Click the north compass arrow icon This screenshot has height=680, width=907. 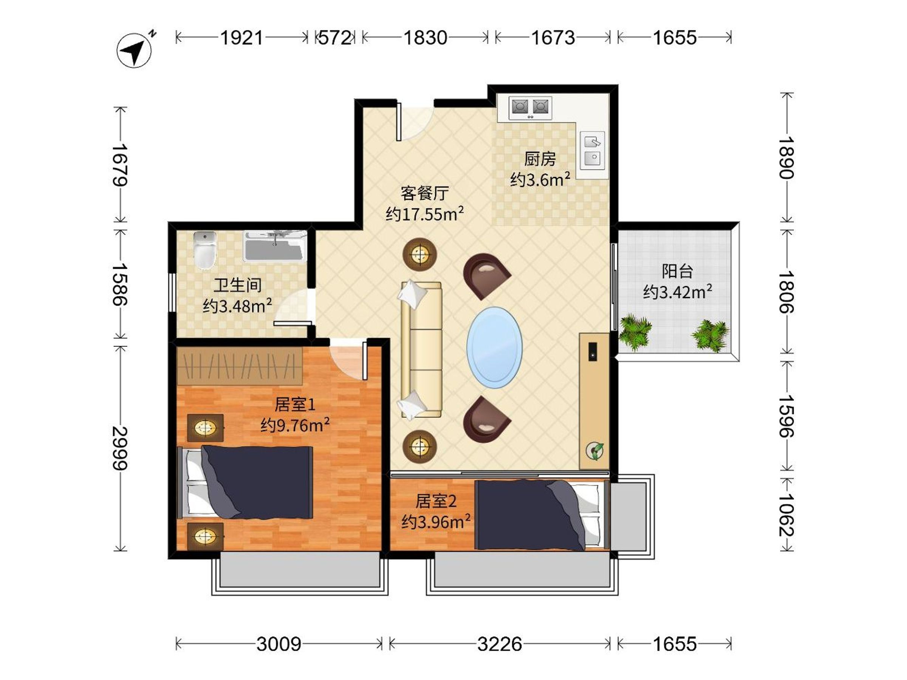135,50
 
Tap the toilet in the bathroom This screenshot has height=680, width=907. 204,250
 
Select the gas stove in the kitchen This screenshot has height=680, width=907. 530,108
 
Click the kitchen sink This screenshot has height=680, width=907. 593,150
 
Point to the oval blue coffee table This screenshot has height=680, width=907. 494,348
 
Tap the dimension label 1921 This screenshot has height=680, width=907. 241,38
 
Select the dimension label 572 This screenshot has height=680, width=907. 335,38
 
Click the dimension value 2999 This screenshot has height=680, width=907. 120,448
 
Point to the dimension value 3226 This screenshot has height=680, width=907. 500,644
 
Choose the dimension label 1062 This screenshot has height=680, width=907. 786,515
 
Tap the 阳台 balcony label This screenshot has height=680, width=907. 677,271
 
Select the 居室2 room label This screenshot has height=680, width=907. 436,501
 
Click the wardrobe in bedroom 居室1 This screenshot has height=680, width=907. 240,366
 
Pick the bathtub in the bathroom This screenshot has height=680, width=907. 275,246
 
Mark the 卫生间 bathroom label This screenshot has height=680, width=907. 237,285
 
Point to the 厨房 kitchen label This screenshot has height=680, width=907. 540,159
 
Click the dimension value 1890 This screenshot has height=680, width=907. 786,158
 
